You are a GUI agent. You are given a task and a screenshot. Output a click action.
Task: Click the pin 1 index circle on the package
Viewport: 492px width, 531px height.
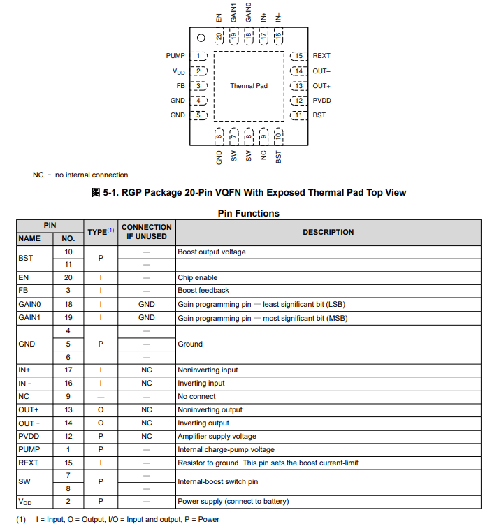coord(201,39)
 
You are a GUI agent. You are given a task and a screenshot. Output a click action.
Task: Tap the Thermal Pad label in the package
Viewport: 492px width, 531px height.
coord(249,86)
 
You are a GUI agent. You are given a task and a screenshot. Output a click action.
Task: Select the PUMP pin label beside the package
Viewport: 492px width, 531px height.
coord(175,56)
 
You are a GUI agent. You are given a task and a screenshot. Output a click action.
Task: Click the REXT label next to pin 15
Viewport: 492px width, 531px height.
coord(321,56)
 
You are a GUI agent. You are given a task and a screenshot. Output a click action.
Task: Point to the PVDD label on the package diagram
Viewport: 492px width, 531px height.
coord(321,101)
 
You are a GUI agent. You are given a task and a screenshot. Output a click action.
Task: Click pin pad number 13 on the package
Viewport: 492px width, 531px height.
coord(298,86)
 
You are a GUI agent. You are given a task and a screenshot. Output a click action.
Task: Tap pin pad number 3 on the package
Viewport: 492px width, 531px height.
coord(199,86)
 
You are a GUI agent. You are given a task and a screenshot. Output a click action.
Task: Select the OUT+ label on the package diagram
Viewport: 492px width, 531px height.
coord(321,86)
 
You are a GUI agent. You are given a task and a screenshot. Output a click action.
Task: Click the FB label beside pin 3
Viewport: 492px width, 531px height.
coord(180,86)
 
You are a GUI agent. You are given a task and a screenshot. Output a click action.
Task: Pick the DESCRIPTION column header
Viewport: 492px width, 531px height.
coord(328,232)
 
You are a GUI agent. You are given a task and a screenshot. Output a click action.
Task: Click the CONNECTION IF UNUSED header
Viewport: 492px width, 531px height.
coord(146,232)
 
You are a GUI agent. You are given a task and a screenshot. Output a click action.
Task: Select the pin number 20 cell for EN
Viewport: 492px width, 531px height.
coord(68,277)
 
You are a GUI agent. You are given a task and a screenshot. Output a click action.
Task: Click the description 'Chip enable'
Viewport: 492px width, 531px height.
coord(197,277)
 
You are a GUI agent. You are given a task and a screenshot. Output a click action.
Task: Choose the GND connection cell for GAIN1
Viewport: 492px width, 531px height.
coord(146,318)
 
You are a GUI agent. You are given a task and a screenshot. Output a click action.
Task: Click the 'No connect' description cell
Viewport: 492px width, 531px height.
coord(196,396)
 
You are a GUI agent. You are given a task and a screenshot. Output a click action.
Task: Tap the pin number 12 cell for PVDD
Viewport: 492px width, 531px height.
coord(68,436)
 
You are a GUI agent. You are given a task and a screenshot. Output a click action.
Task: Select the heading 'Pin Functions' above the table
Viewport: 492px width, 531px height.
coord(248,213)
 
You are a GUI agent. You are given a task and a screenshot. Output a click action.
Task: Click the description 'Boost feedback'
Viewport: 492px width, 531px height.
coord(203,291)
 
